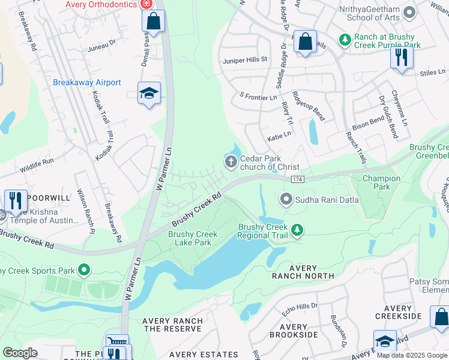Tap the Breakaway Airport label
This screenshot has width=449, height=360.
click(87, 83)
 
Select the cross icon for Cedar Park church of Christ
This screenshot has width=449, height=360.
click(231, 161)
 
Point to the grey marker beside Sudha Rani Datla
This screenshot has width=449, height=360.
click(286, 199)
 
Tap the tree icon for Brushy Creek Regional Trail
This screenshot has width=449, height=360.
click(297, 230)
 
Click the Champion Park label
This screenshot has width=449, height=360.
click(381, 182)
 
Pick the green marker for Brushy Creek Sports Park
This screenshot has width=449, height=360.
click(84, 271)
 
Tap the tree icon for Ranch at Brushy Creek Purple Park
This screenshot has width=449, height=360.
click(345, 40)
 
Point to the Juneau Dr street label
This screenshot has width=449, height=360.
click(101, 43)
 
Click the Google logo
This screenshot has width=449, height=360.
click(20, 352)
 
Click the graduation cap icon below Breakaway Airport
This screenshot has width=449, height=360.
click(149, 94)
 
